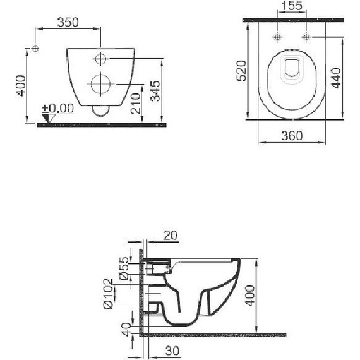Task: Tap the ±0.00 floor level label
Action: pos(58,109)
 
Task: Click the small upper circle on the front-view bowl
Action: pos(100,59)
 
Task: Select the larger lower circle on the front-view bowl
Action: pos(100,83)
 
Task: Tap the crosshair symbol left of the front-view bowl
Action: pos(36,48)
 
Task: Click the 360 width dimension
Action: pos(291,135)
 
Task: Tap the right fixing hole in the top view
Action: pos(306,37)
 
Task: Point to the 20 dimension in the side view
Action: pos(169,235)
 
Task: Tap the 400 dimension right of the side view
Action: pos(251,294)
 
